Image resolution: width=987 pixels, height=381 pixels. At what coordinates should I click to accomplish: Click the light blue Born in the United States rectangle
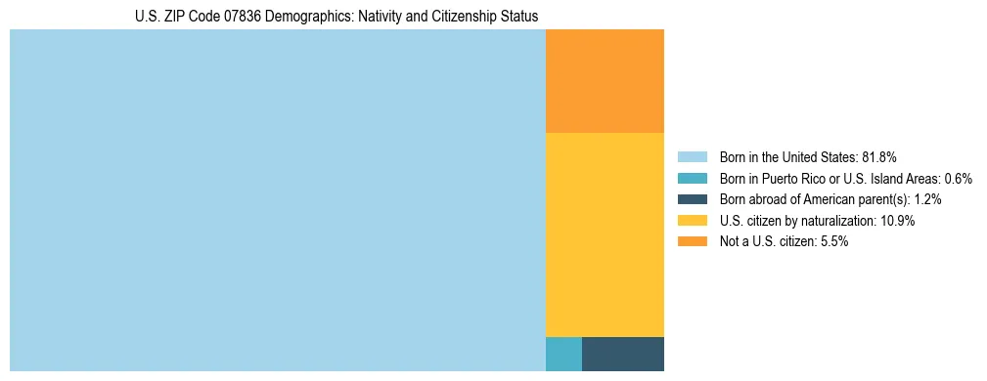(277, 200)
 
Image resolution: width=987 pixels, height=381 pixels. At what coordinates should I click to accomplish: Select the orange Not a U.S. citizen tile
(605, 81)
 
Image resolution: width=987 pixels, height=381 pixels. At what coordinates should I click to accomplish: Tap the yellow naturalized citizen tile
(605, 234)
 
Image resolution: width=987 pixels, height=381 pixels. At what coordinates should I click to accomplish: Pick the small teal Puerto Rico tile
(563, 354)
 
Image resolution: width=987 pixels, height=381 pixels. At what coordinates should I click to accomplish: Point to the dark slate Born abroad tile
(623, 354)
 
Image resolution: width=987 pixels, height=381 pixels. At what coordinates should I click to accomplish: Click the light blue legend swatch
(692, 156)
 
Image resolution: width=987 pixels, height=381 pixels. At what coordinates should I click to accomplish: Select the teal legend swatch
(692, 178)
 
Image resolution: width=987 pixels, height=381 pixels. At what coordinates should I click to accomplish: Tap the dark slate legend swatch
(692, 199)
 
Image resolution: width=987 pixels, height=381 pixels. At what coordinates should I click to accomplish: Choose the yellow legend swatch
(692, 221)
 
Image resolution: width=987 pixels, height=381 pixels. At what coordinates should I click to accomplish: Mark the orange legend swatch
(692, 241)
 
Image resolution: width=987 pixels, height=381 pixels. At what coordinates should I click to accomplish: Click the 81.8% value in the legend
(879, 156)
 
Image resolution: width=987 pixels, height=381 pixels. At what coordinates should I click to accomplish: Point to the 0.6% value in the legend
(958, 178)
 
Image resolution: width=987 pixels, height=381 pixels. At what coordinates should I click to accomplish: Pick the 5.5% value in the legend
(832, 242)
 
